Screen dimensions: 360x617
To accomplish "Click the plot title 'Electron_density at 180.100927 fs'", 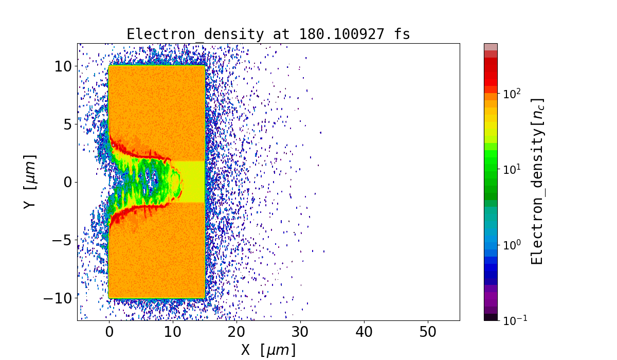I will [268, 34].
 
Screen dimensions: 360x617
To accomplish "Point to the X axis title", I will [268, 350].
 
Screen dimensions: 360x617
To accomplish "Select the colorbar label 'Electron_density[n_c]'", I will [537, 182].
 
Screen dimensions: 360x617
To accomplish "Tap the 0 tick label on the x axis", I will [109, 333].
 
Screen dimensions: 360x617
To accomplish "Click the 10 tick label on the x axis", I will [173, 333].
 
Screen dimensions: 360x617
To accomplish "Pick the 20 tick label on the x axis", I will [237, 333].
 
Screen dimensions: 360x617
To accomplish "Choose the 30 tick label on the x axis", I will [300, 333].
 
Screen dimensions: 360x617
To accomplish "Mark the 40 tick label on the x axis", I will [364, 333].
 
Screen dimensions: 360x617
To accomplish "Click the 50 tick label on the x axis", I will [428, 333].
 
